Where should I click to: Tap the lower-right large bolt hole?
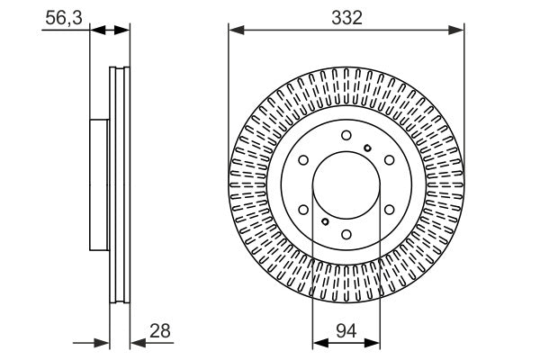click(390, 211)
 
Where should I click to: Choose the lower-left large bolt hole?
click(303, 211)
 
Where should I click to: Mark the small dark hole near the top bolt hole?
click(367, 147)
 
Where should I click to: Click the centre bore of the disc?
click(346, 186)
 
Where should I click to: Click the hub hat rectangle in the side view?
click(100, 185)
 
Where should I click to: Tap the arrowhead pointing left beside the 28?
click(137, 341)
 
